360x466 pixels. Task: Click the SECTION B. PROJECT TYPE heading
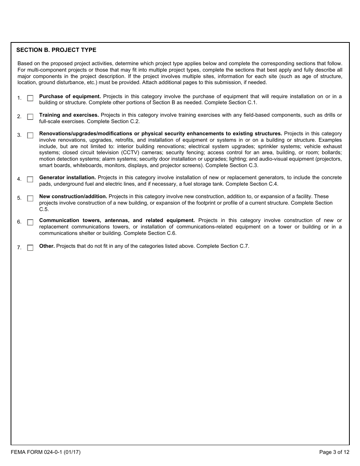pos(56,50)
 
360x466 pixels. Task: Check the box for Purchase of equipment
pos(30,98)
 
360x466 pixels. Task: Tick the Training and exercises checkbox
pos(30,117)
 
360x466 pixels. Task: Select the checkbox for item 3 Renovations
pos(30,135)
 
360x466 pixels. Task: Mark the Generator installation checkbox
pos(30,179)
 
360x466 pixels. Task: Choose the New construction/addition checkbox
pos(30,198)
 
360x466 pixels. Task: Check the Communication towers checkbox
pos(30,222)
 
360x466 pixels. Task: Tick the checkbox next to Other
pos(30,248)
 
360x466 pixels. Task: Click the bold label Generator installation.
pos(67,177)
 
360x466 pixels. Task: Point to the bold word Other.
pos(47,246)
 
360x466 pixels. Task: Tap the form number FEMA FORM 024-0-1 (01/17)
pos(45,452)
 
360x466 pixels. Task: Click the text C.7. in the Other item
pos(244,246)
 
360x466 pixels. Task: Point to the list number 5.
pos(19,198)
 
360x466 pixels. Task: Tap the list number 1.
pos(19,98)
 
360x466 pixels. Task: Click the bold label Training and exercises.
pos(69,115)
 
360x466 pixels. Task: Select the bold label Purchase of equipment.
pos(70,96)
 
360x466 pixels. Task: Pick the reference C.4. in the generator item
pos(273,184)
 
